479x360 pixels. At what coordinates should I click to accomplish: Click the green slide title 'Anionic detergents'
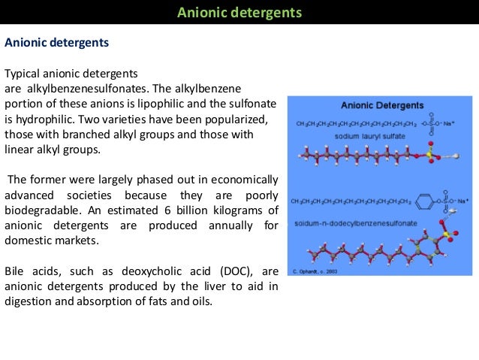(x=239, y=13)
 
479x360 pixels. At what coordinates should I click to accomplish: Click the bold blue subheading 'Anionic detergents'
(x=57, y=43)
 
